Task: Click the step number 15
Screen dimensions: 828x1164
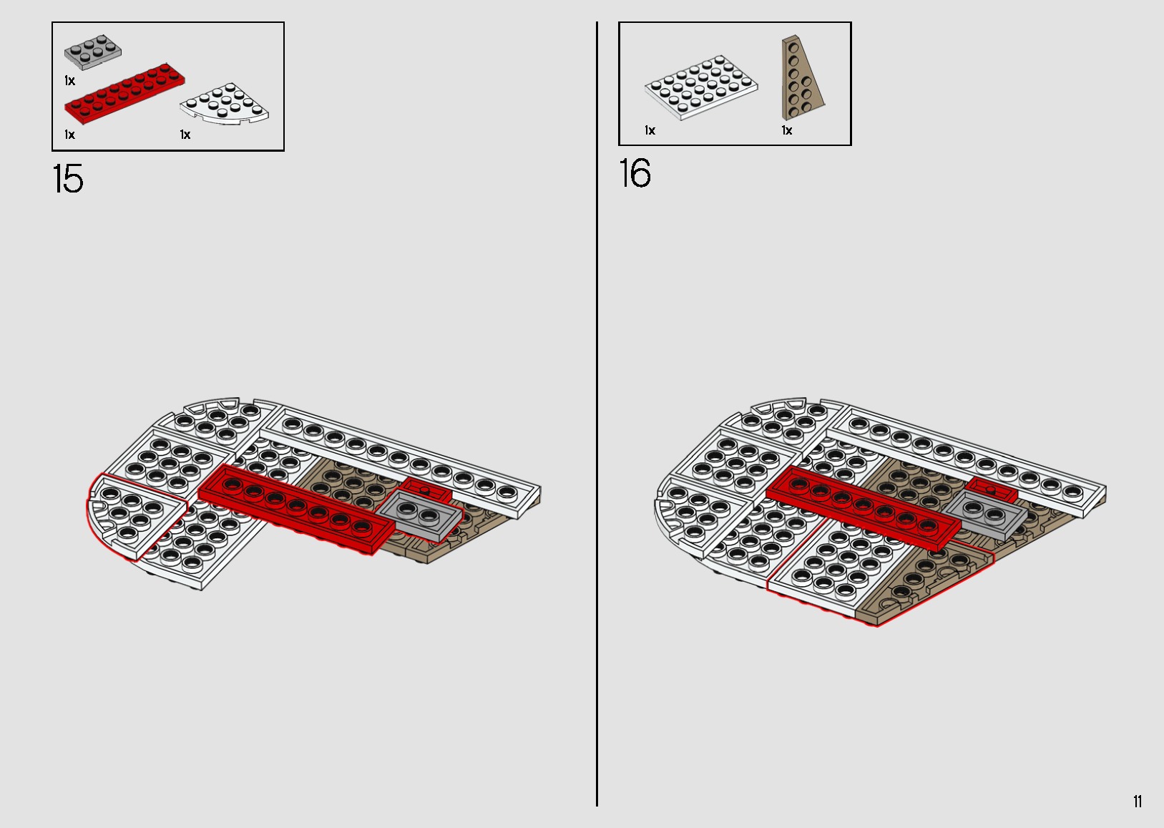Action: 68,179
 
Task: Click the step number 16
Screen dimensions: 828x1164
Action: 635,174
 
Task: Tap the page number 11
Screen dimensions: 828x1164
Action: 1138,802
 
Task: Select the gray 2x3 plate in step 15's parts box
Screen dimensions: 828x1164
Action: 93,52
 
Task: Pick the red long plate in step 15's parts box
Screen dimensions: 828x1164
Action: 125,93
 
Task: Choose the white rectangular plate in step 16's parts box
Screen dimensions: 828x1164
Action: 701,87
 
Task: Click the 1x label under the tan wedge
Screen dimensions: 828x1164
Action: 787,130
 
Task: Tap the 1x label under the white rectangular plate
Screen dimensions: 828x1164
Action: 650,130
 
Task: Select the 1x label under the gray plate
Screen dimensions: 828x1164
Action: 69,81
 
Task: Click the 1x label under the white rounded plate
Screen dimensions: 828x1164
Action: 185,135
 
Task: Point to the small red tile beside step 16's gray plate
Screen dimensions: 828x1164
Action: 990,489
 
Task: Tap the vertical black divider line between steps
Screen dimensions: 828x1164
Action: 597,429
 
